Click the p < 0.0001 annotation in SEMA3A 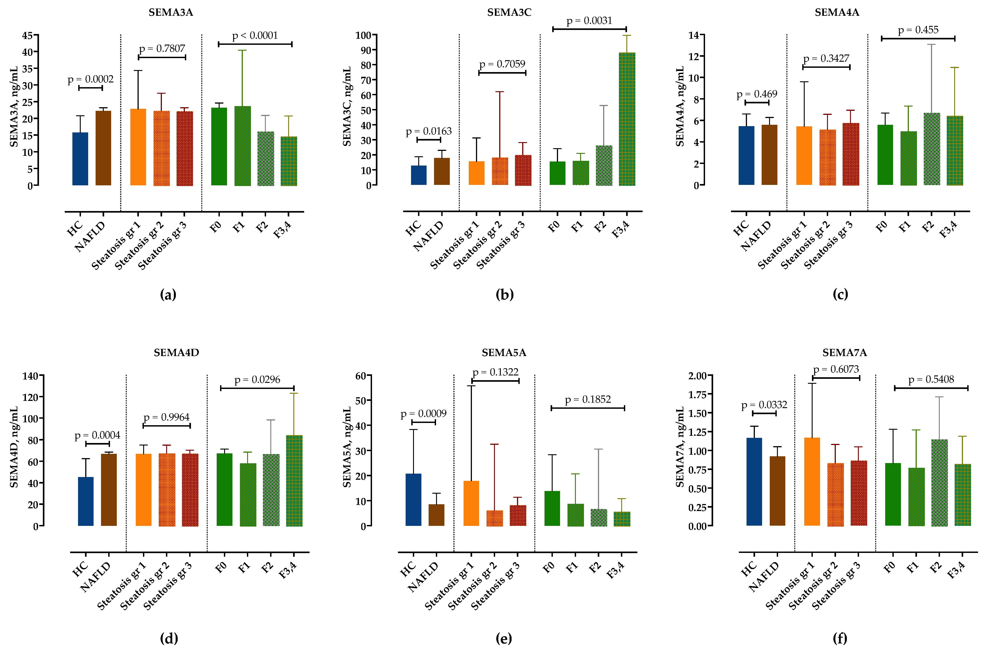click(255, 36)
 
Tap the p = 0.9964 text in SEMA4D click(166, 417)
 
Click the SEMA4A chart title click(836, 12)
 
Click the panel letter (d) click(169, 638)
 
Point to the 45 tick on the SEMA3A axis click(28, 35)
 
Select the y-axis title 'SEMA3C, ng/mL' click(347, 107)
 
